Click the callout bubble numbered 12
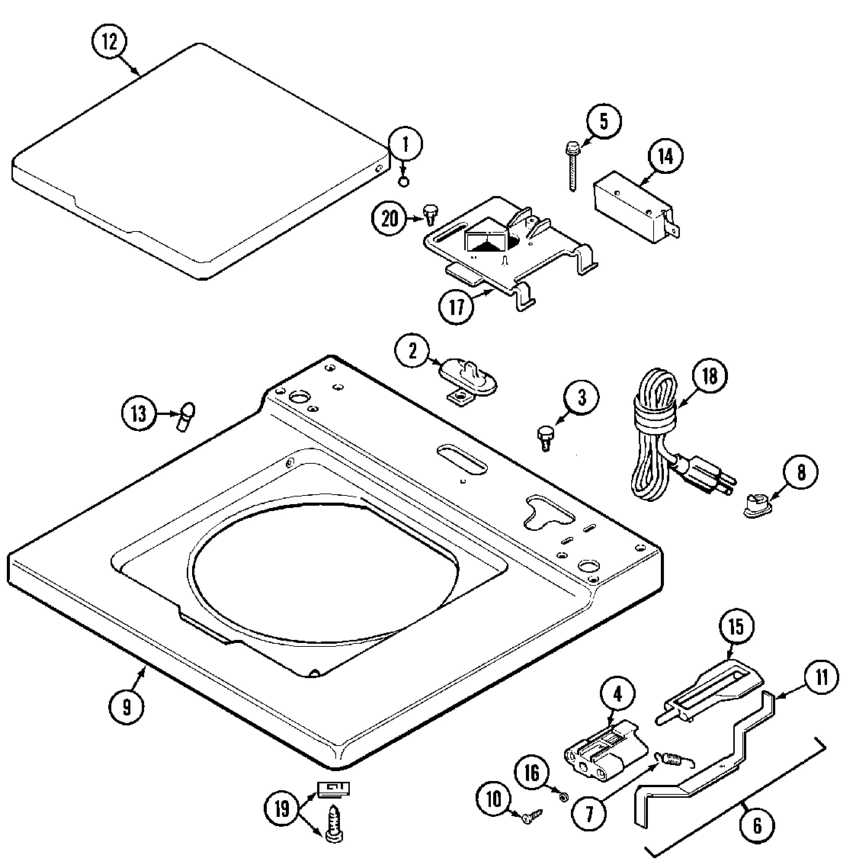coord(110,42)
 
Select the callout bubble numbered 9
coord(127,706)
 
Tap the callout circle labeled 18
coord(709,375)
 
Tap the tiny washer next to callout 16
coord(563,797)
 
